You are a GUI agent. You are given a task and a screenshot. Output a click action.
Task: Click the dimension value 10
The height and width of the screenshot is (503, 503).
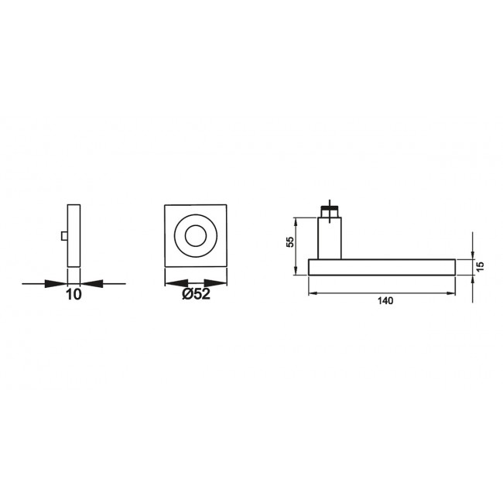[x=74, y=294]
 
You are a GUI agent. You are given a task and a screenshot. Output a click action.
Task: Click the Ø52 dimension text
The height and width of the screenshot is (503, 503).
[x=196, y=294]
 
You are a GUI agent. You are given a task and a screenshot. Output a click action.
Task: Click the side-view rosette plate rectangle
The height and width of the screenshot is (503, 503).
[x=74, y=233]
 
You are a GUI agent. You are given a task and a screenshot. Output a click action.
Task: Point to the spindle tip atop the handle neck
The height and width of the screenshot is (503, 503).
[x=330, y=209]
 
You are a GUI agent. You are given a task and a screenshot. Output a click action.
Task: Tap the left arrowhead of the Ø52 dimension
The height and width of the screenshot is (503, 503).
[x=169, y=283]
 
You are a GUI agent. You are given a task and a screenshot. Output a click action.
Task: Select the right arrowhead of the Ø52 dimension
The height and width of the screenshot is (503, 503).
[x=221, y=283]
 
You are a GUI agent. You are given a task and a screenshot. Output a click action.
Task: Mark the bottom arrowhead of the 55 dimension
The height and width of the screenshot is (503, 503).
[x=298, y=270]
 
